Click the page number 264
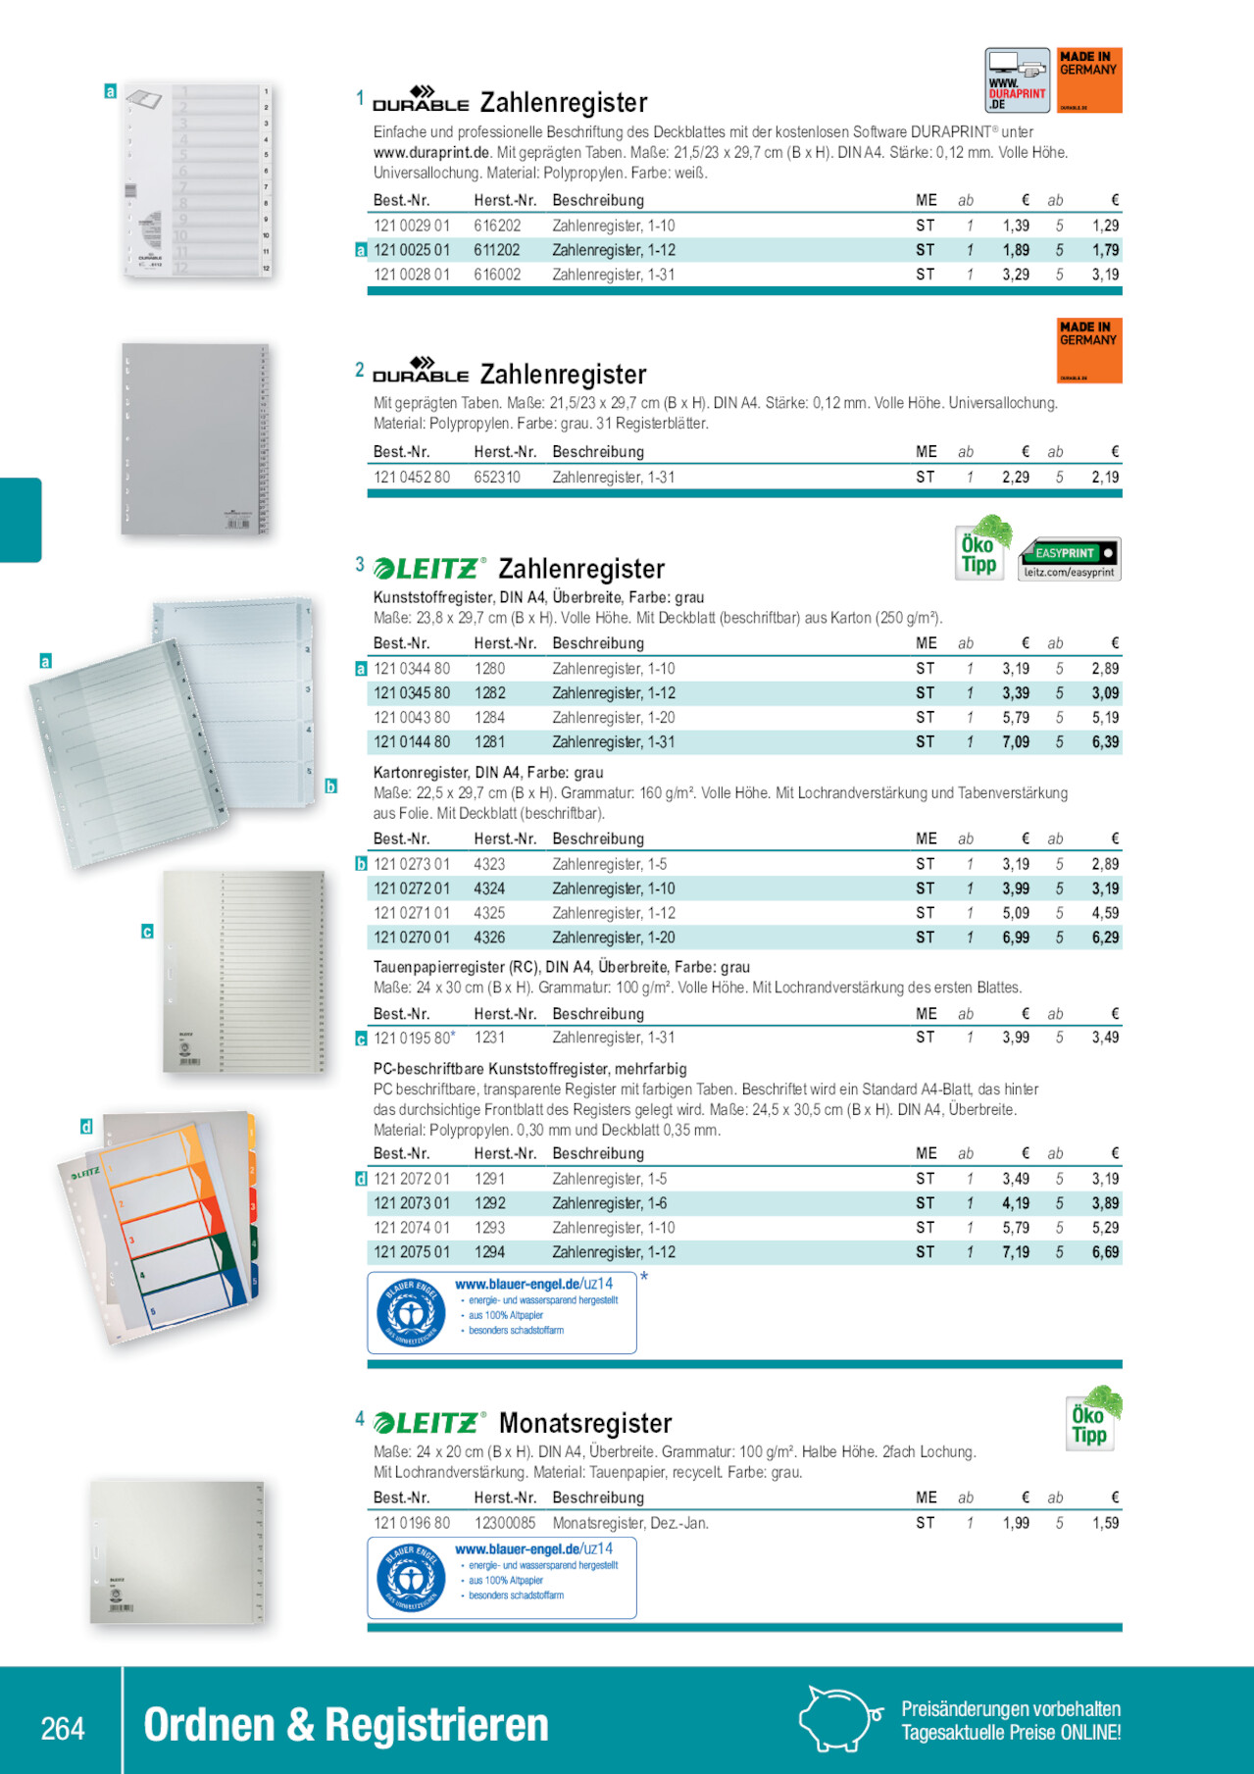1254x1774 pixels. click(63, 1727)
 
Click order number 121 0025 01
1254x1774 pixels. click(412, 250)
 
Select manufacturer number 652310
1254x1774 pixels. click(497, 478)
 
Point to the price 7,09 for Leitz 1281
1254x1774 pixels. click(1016, 742)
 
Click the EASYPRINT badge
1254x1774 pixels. click(1070, 559)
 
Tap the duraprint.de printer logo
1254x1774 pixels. click(1017, 79)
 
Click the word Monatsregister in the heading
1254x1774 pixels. click(585, 1423)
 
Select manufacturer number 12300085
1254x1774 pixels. click(505, 1523)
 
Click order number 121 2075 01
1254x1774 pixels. click(412, 1252)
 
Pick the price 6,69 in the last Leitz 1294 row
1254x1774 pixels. click(1105, 1252)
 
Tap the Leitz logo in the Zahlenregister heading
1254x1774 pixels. click(429, 569)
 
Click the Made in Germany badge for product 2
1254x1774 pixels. click(1089, 350)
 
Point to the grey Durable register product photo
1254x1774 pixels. click(194, 438)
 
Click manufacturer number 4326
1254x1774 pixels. click(489, 938)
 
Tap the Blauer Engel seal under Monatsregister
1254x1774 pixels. click(411, 1578)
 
